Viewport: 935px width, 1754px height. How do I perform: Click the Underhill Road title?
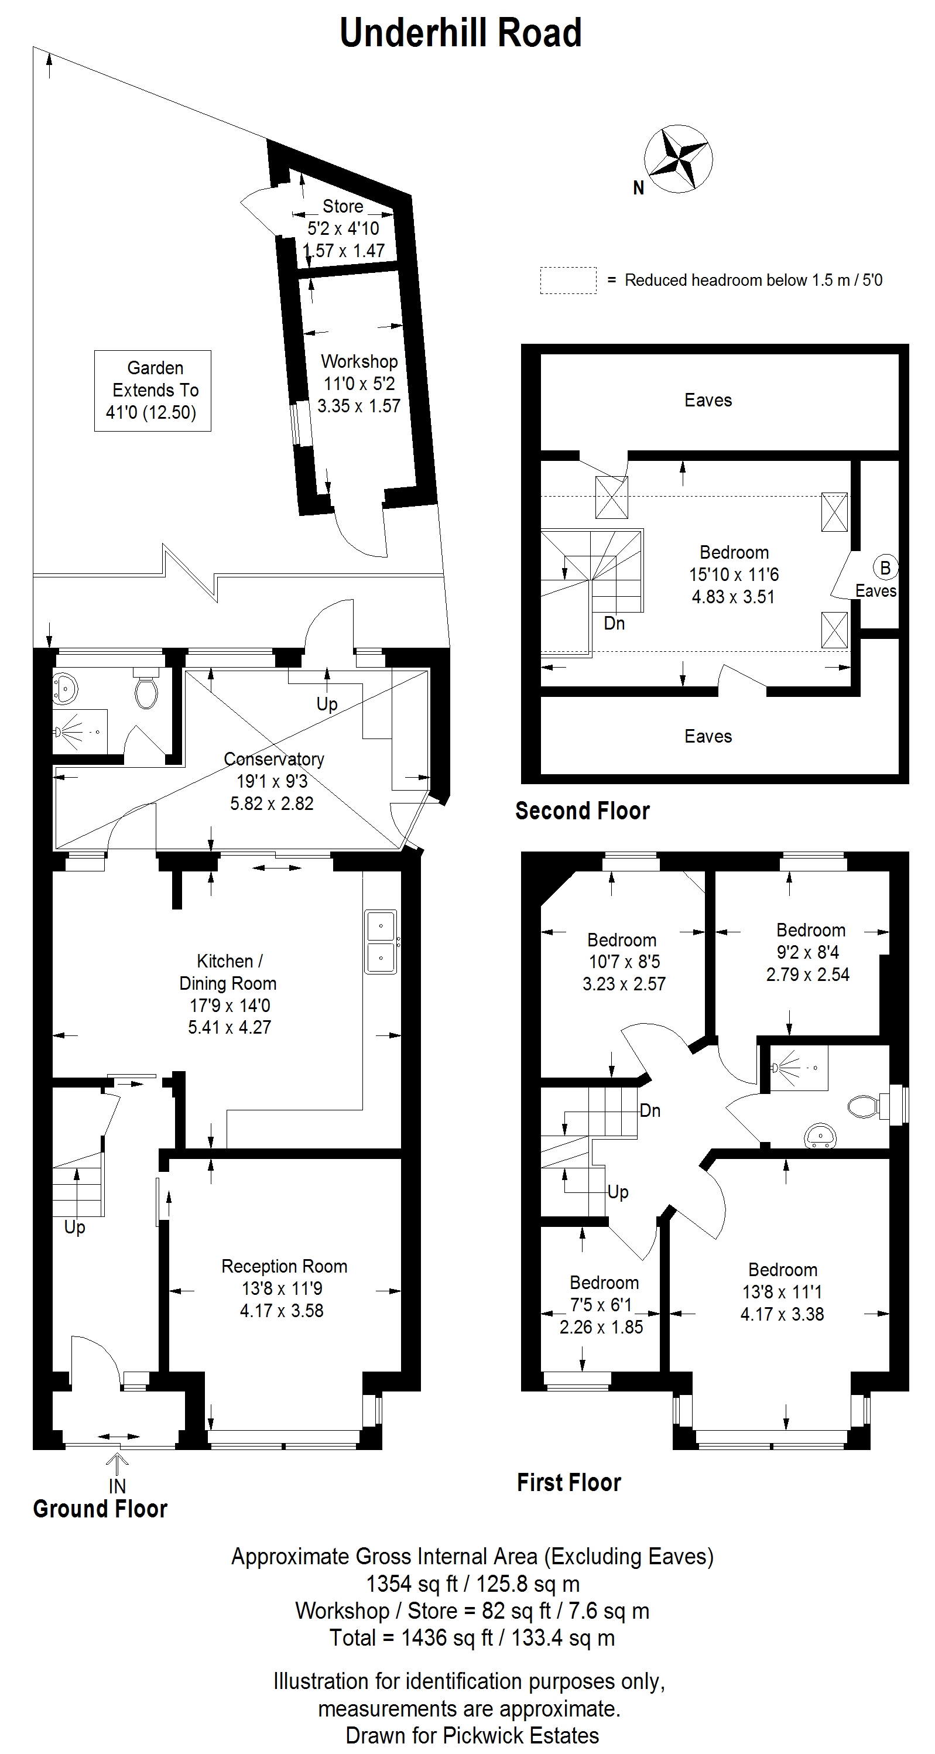pyautogui.click(x=461, y=33)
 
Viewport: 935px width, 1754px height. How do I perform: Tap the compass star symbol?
pyautogui.click(x=679, y=159)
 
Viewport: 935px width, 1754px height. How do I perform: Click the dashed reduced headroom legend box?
pyautogui.click(x=568, y=280)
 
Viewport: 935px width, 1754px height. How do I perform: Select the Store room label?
pyautogui.click(x=343, y=206)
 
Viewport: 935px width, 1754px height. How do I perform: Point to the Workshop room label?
pyautogui.click(x=359, y=361)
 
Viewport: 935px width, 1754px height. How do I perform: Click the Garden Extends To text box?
pyautogui.click(x=152, y=390)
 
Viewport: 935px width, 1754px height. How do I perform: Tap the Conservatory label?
pyautogui.click(x=273, y=759)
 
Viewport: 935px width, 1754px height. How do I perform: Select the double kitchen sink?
pyautogui.click(x=381, y=942)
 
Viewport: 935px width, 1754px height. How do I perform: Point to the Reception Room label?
pyautogui.click(x=285, y=1267)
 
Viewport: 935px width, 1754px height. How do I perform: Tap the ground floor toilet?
pyautogui.click(x=146, y=688)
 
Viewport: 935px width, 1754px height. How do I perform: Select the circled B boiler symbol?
pyautogui.click(x=885, y=568)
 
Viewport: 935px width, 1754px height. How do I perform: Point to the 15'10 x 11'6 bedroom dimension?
pyautogui.click(x=734, y=575)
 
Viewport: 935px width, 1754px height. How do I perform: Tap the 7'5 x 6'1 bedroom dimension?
pyautogui.click(x=601, y=1305)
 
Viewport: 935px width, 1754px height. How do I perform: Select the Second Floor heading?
pyautogui.click(x=583, y=811)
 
